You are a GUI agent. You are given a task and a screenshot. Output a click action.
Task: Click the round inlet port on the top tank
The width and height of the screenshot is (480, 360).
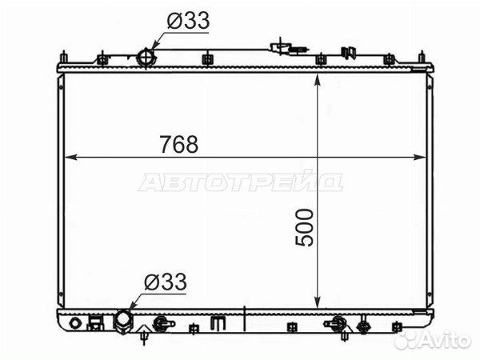click(146, 58)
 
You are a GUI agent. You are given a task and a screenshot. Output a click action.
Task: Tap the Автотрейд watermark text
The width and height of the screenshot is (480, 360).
click(240, 182)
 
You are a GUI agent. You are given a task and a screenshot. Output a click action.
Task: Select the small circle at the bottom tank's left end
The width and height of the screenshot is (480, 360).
click(74, 324)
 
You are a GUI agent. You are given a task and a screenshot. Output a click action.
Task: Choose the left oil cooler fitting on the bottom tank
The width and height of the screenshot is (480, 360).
click(161, 324)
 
